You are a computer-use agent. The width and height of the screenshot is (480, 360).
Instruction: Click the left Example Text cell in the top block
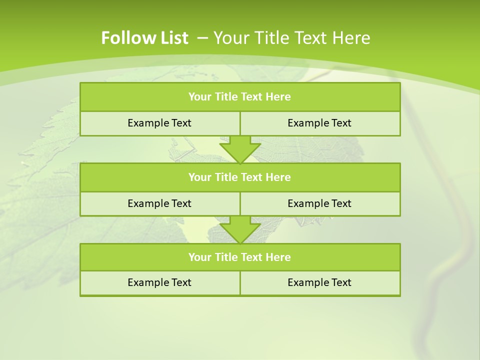point(159,123)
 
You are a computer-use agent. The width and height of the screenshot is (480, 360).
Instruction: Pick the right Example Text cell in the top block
point(319,123)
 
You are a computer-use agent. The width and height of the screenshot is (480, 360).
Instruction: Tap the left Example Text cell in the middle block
point(159,203)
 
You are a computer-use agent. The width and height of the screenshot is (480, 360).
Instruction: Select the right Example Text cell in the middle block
point(319,203)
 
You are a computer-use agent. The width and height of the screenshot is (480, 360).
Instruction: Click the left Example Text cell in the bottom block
point(159,282)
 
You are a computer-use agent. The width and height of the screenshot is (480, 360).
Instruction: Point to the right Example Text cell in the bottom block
point(319,282)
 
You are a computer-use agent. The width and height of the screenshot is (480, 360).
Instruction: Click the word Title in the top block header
point(226,97)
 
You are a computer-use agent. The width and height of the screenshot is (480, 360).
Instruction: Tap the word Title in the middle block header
point(226,177)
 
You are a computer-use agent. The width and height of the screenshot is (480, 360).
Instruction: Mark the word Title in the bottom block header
point(226,257)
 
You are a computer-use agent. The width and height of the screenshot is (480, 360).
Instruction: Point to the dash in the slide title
point(203,38)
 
